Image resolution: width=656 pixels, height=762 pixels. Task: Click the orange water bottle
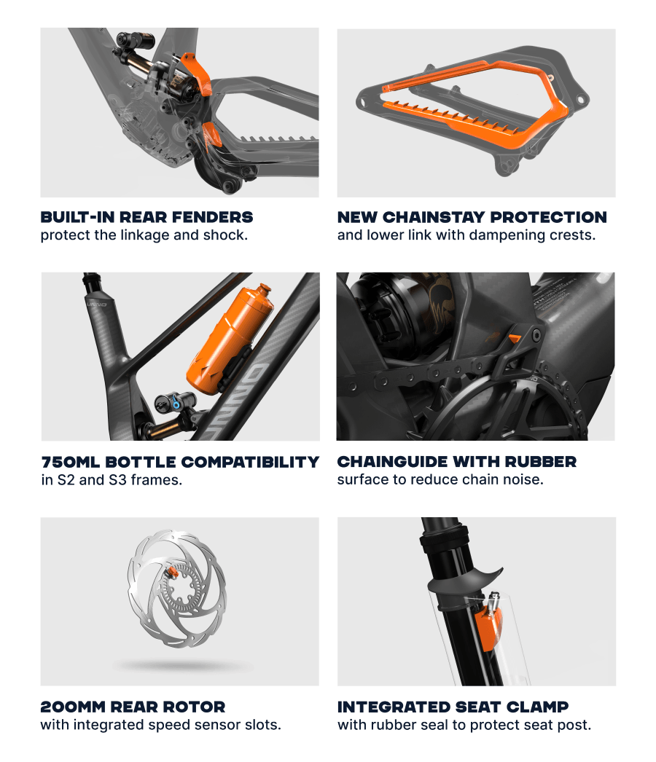pyautogui.click(x=229, y=340)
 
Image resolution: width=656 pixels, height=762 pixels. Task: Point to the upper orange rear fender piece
pyautogui.click(x=196, y=74)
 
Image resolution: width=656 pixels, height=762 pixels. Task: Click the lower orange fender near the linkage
pyautogui.click(x=213, y=135)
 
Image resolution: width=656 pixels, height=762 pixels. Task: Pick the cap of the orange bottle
pyautogui.click(x=265, y=291)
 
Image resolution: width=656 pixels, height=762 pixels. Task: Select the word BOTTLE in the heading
pyautogui.click(x=140, y=462)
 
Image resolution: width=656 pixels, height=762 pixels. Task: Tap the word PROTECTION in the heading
pyautogui.click(x=549, y=217)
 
